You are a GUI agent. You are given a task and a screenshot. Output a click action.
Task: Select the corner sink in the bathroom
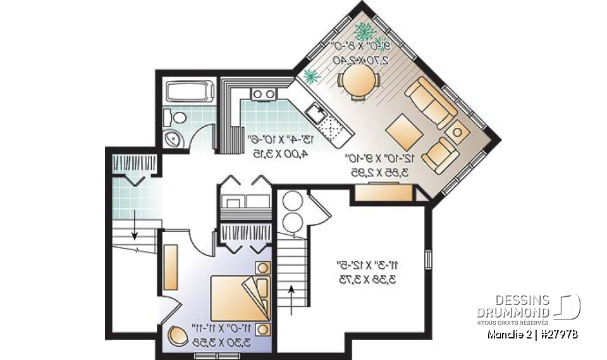[x=172, y=139]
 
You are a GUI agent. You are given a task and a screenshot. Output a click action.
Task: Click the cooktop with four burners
[x=264, y=94]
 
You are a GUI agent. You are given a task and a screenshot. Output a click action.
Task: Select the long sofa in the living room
[x=431, y=102]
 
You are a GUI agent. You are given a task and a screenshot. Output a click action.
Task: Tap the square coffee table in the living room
[x=402, y=132]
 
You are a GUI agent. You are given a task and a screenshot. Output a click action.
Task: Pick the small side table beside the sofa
[x=458, y=130]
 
